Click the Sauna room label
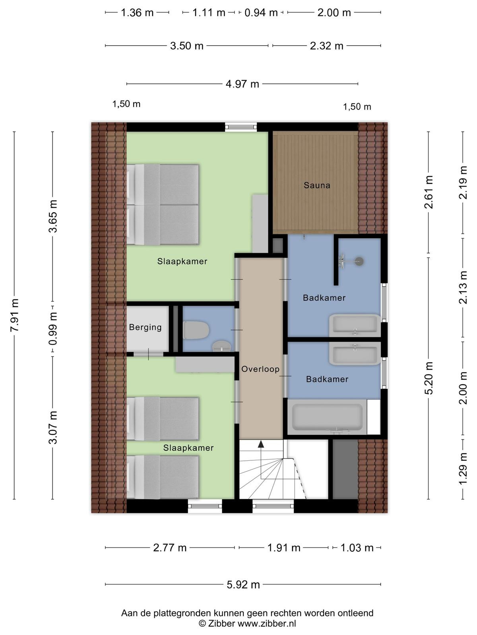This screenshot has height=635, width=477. [x=317, y=185]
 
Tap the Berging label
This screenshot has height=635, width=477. [x=145, y=327]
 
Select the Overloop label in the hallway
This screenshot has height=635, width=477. [x=260, y=369]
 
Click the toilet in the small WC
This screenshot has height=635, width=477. [x=196, y=330]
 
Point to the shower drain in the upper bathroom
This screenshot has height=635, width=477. [x=359, y=262]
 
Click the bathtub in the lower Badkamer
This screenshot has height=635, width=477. [x=327, y=417]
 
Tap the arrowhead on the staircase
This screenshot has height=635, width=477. [x=261, y=444]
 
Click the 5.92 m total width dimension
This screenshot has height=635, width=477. [x=243, y=585]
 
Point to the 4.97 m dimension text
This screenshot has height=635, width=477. [x=242, y=84]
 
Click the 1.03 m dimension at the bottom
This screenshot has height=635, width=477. [x=357, y=548]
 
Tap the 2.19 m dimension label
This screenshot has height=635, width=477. [x=463, y=182]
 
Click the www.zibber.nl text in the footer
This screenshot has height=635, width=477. [x=267, y=623]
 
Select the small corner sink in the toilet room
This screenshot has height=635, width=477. [x=221, y=346]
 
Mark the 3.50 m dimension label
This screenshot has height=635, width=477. [x=186, y=46]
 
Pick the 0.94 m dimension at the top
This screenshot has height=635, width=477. [x=261, y=13]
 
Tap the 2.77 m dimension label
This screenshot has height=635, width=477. [x=170, y=548]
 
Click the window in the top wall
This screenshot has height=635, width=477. [x=241, y=127]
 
